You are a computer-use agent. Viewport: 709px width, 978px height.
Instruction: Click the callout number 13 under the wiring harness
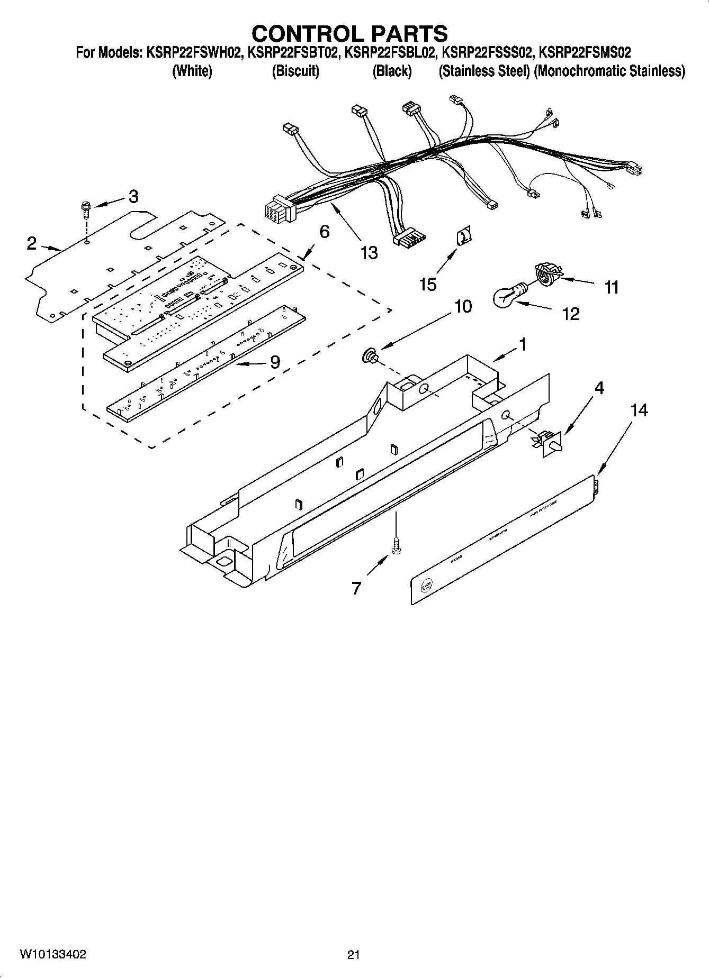coord(369,253)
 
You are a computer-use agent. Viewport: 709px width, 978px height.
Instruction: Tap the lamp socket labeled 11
coord(546,274)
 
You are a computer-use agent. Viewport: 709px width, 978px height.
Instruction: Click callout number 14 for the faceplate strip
coord(639,410)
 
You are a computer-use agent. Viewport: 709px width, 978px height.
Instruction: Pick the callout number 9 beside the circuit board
coord(275,362)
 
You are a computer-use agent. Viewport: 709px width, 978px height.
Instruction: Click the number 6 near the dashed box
coord(324,231)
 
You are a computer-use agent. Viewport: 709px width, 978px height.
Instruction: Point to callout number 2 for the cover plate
coord(32,243)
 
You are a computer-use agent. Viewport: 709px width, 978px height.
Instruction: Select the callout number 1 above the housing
coord(523,344)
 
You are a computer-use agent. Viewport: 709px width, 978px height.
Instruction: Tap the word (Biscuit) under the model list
coord(295,71)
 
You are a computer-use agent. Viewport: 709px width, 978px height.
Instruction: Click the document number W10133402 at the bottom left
coord(53,954)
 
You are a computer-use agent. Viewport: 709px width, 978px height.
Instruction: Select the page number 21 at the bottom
coord(354,955)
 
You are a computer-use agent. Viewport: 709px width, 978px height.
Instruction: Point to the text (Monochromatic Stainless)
coord(609,71)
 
